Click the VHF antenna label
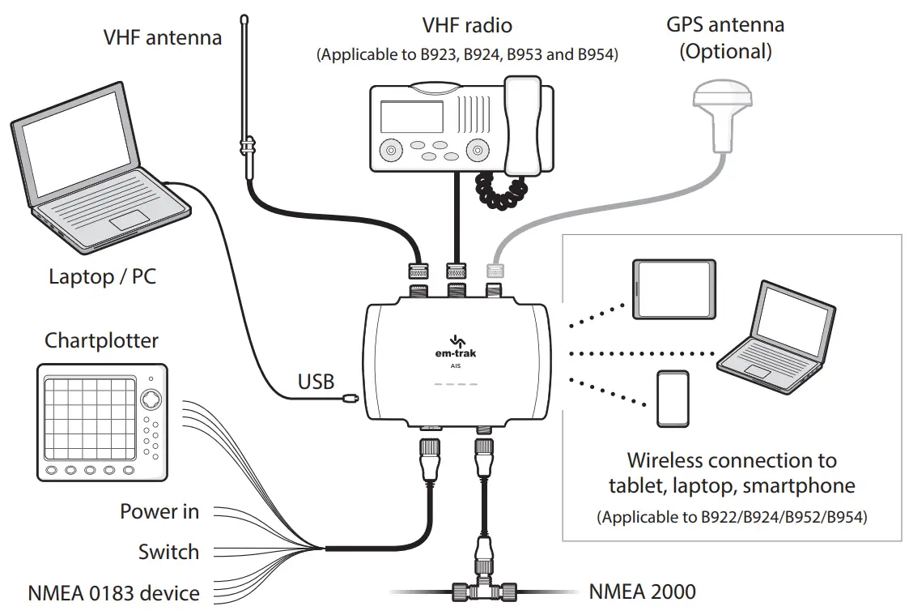pyautogui.click(x=162, y=37)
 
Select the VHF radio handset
pyautogui.click(x=523, y=126)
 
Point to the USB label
pyautogui.click(x=316, y=381)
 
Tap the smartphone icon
pyautogui.click(x=673, y=399)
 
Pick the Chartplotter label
pyautogui.click(x=101, y=340)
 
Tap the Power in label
pyautogui.click(x=159, y=511)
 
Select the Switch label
pyautogui.click(x=168, y=552)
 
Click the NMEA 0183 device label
pyautogui.click(x=113, y=593)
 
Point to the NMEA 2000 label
pyautogui.click(x=642, y=592)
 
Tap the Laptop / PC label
pyautogui.click(x=102, y=276)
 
